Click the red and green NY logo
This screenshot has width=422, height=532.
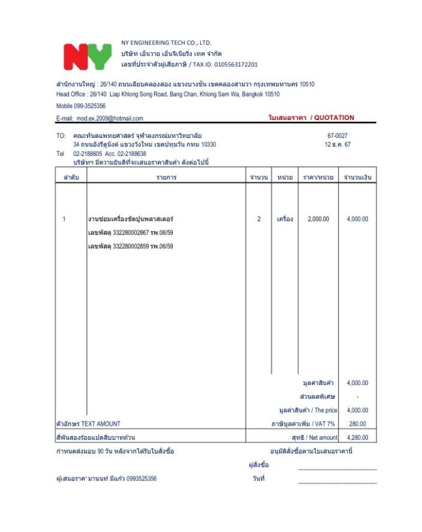coord(87,56)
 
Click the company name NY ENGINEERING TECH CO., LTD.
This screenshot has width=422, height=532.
coord(166,43)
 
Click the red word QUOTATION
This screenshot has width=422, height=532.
coord(334,118)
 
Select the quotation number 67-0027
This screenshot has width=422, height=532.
coord(337,136)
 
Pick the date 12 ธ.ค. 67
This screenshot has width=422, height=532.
coord(337,145)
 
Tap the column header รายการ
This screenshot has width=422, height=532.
coord(166,178)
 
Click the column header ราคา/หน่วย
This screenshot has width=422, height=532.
coord(318,178)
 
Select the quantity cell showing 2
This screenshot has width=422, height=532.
coord(259,219)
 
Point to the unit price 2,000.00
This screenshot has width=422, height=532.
coord(318,219)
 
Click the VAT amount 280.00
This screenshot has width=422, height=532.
coord(358,424)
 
